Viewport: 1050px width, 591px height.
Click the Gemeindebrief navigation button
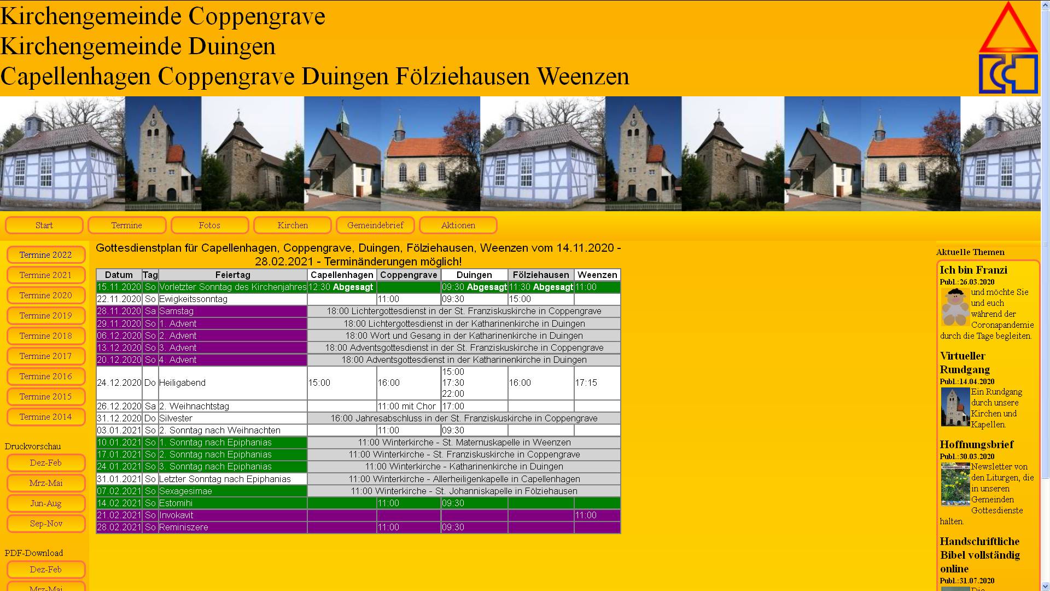click(x=375, y=225)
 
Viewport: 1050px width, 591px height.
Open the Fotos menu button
click(x=209, y=225)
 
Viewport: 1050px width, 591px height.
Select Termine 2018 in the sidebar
click(x=46, y=336)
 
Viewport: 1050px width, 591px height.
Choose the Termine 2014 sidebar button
click(x=46, y=417)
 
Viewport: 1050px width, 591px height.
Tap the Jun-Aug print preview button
click(x=46, y=503)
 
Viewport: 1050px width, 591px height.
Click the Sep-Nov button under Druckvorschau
click(x=46, y=524)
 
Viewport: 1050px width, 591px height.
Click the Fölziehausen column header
click(x=541, y=275)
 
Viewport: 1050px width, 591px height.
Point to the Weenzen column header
click(x=597, y=275)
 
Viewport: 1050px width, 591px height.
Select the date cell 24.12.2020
click(x=119, y=383)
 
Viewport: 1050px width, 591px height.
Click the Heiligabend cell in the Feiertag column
click(x=183, y=383)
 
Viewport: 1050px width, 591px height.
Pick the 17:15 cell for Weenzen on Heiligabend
click(x=586, y=383)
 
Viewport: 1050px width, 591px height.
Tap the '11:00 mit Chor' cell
click(x=407, y=407)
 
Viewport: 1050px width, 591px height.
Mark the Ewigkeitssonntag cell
click(x=193, y=299)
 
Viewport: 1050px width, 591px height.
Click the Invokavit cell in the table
click(x=176, y=515)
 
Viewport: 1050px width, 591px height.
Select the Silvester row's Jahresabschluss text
click(x=464, y=419)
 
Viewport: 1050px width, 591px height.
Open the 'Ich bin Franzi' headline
click(x=973, y=270)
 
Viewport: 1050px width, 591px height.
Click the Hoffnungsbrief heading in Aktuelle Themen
click(x=977, y=444)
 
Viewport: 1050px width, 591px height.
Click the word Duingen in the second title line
click(x=232, y=47)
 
